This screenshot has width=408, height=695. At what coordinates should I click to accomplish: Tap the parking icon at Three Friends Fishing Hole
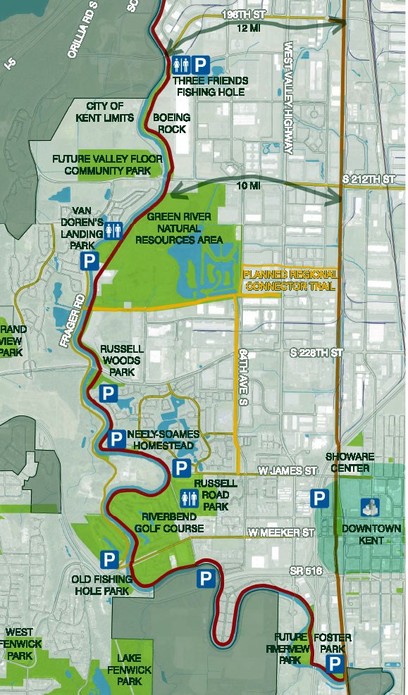[201, 65]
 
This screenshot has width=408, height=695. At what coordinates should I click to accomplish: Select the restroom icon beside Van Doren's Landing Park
[113, 230]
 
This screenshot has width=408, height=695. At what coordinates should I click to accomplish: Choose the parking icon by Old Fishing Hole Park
[109, 560]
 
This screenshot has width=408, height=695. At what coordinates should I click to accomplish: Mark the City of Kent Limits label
[106, 111]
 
